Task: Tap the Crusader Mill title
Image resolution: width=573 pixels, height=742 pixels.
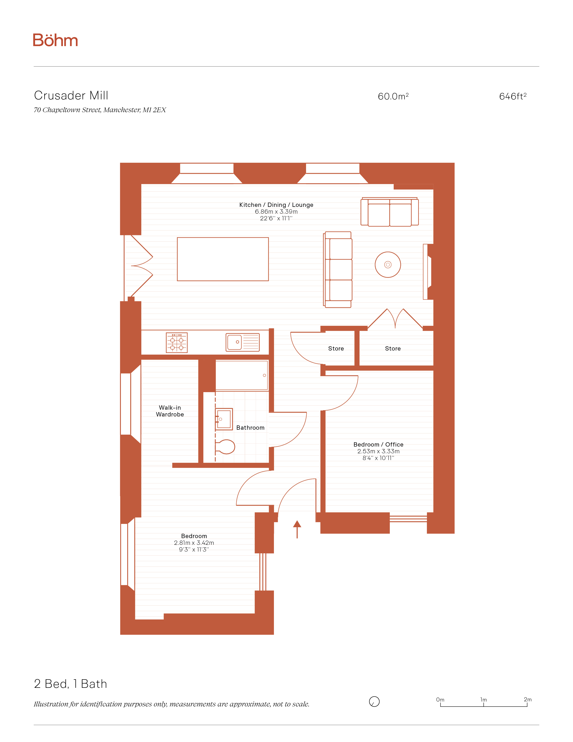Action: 71,96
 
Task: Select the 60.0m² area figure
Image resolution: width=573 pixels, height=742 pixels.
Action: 393,96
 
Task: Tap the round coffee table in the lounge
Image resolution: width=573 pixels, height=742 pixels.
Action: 388,265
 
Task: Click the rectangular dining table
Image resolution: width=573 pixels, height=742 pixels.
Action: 223,259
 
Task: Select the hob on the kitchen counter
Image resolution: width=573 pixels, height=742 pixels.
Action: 177,342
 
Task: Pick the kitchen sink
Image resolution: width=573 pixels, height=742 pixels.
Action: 243,342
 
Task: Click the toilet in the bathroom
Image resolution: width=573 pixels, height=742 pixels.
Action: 225,447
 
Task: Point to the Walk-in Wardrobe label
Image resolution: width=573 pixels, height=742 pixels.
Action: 170,411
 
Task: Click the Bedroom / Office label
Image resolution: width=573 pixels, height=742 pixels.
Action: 378,444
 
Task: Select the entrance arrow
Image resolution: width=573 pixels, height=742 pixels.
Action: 297,529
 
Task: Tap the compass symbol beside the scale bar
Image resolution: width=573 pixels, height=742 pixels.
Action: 374,702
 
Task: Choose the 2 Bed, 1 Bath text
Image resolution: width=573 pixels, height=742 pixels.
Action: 71,684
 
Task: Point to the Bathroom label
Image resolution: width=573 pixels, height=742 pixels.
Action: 250,428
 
